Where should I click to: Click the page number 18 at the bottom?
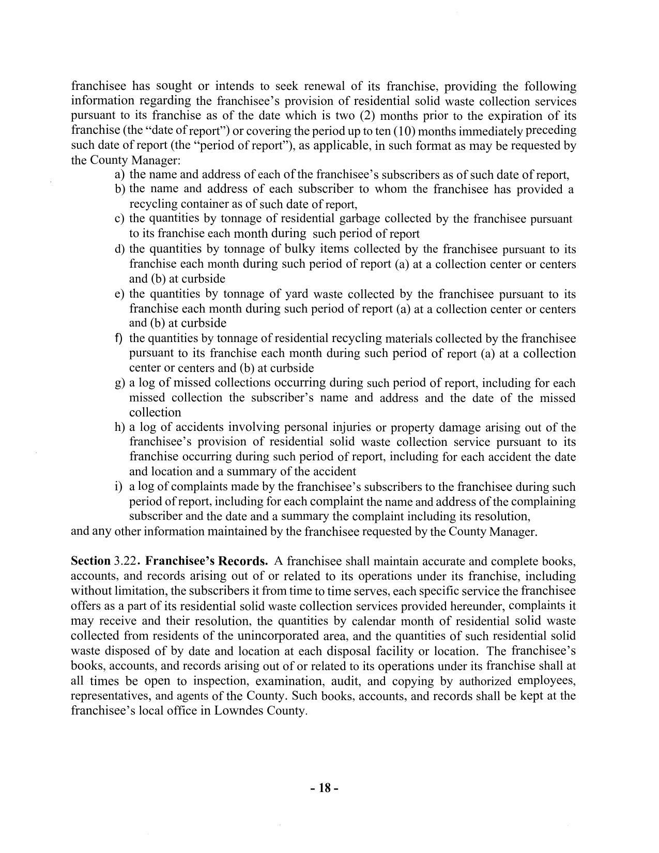[x=325, y=788]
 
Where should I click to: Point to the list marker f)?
[x=119, y=338]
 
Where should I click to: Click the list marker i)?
[x=118, y=487]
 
